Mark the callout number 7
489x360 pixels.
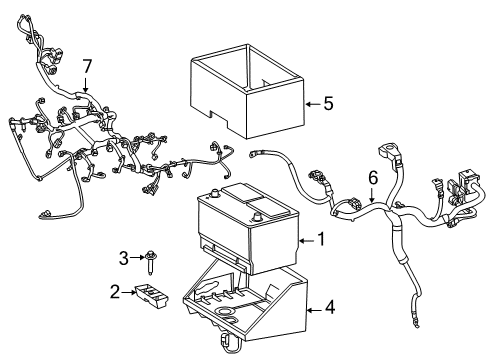pyautogui.click(x=86, y=66)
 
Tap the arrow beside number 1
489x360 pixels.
pyautogui.click(x=307, y=239)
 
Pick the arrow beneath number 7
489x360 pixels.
pyautogui.click(x=86, y=84)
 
